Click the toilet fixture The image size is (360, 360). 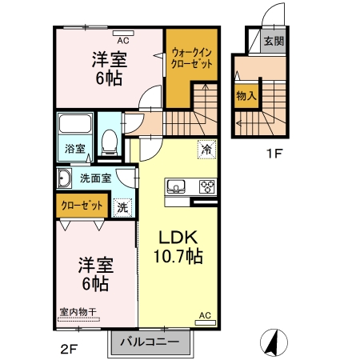tap(110, 142)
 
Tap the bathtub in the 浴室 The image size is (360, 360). tap(75, 123)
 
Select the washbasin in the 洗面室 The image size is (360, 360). tap(64, 178)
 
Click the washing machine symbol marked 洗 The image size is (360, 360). tap(122, 207)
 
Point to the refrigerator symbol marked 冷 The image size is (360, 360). tap(206, 150)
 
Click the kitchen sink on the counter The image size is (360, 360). tap(176, 186)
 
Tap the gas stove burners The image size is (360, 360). tap(207, 186)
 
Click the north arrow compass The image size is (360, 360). tap(274, 342)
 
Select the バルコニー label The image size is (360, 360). tap(150, 342)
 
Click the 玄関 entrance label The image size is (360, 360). tap(274, 41)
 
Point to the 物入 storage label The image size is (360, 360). tap(246, 95)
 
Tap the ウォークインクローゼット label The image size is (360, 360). tap(191, 58)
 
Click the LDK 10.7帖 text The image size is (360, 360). tap(178, 246)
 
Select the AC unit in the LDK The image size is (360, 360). tap(206, 323)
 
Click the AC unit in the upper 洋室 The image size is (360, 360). tap(123, 34)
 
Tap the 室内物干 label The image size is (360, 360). tap(78, 312)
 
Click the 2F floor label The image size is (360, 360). tap(69, 349)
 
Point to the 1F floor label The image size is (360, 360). tap(274, 154)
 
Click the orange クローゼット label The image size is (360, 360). tap(82, 206)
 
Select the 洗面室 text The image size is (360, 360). tap(95, 178)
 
